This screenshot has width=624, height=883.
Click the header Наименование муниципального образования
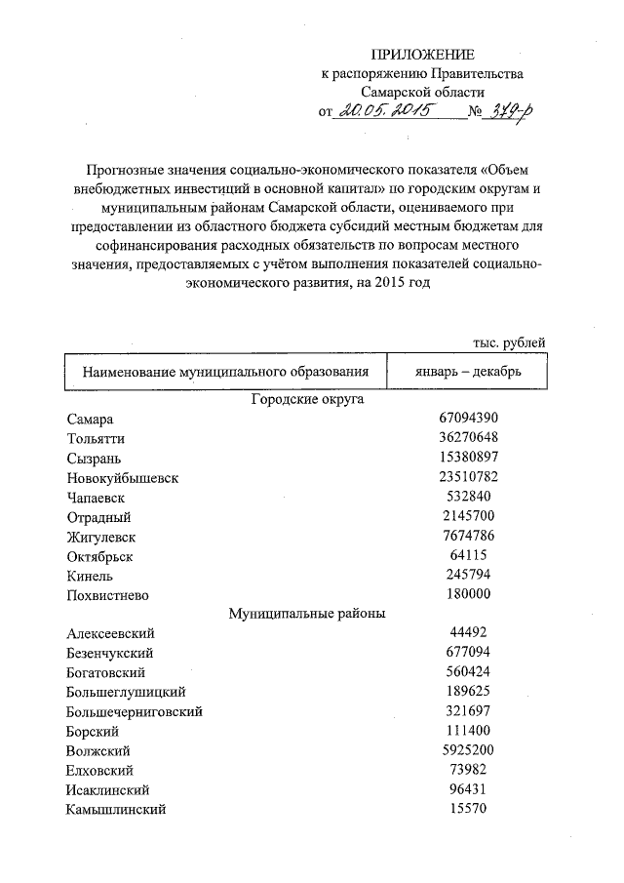pyautogui.click(x=225, y=372)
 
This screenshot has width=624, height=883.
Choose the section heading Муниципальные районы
pyautogui.click(x=307, y=614)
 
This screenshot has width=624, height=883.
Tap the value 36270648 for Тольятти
pyautogui.click(x=469, y=438)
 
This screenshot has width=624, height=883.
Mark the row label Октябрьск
pyautogui.click(x=99, y=556)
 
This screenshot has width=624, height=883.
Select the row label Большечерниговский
pyautogui.click(x=136, y=712)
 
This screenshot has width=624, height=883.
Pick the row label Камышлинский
pyautogui.click(x=116, y=810)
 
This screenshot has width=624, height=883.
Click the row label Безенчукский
pyautogui.click(x=112, y=654)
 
